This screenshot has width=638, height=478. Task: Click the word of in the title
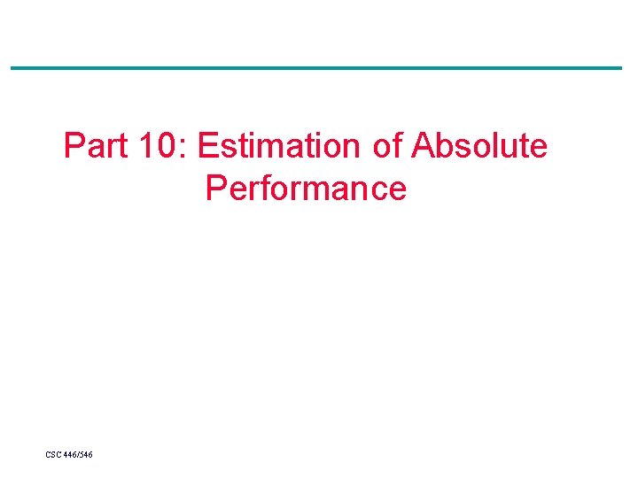coord(387,146)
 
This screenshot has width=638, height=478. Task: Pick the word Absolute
coord(479,146)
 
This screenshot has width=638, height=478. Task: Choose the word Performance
coord(306,189)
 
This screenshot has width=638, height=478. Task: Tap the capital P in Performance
coord(215,189)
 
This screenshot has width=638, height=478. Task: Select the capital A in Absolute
coord(423,146)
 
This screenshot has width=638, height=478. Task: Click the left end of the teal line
coord(12,68)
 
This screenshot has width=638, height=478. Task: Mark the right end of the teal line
coord(620,68)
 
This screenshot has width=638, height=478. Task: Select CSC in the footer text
coord(54,455)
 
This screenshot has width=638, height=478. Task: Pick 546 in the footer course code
coord(87,455)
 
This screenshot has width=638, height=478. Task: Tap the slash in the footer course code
coord(79,455)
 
